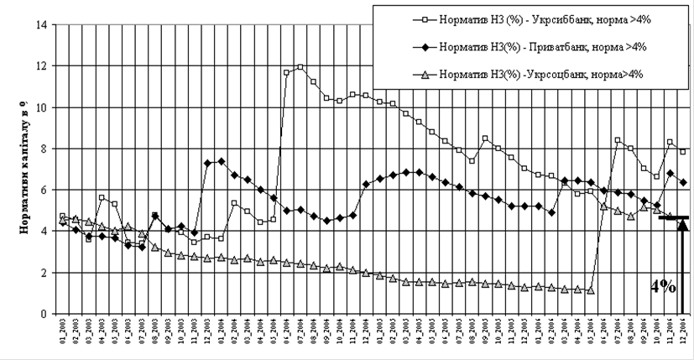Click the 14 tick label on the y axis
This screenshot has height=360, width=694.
pos(39,25)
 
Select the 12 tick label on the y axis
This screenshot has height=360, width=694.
pos(39,66)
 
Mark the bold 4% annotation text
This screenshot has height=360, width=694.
pos(663,286)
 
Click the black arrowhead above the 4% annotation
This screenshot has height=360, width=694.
pos(681,227)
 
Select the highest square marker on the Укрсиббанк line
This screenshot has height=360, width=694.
pos(300,67)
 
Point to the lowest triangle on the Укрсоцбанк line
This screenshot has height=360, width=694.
pos(591,290)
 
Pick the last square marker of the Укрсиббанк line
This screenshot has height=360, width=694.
pos(683,152)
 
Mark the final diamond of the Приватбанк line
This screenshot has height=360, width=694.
pos(683,182)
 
